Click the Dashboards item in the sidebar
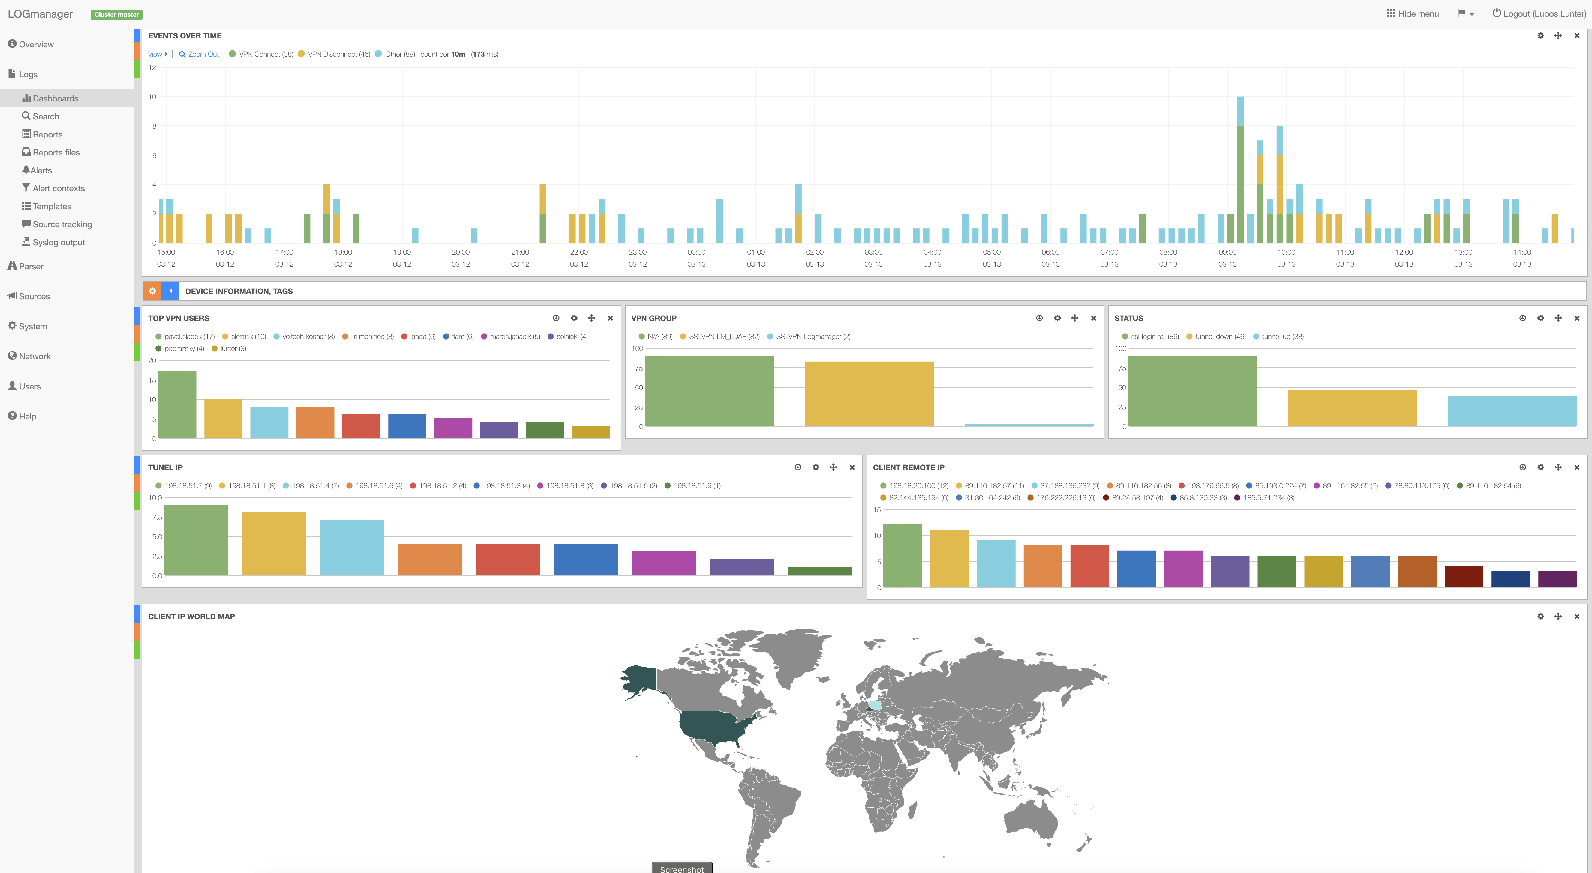click(55, 98)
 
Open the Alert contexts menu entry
click(58, 188)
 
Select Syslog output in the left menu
click(58, 242)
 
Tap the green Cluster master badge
click(116, 14)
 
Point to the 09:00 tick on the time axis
click(1227, 252)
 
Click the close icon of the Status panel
click(1577, 318)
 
